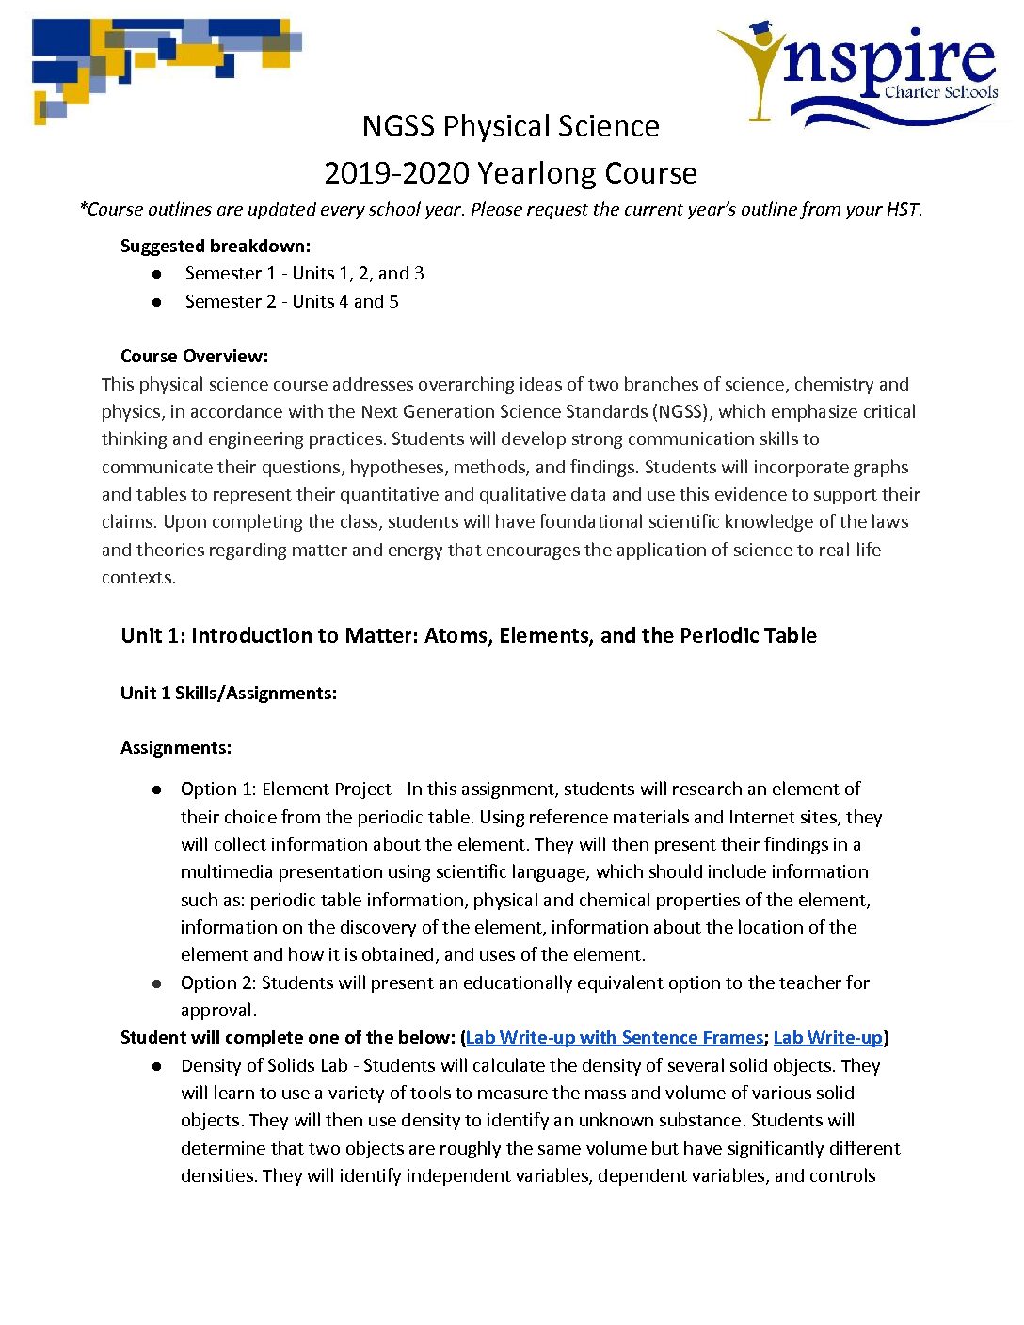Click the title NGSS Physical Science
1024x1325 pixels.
click(510, 126)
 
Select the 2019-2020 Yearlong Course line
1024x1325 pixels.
click(510, 173)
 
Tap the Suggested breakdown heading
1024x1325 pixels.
click(215, 247)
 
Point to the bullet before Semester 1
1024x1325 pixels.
click(157, 274)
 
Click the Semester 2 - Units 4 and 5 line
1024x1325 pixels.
click(292, 302)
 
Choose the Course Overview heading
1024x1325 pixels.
click(194, 357)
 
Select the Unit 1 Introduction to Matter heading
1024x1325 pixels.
click(468, 636)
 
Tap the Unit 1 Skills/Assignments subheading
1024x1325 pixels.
click(228, 694)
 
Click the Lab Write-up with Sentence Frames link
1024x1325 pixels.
click(615, 1038)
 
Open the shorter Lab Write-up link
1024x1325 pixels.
click(827, 1038)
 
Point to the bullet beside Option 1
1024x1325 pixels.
click(157, 790)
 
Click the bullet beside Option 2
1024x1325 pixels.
click(157, 983)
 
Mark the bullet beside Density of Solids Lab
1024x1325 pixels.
click(157, 1066)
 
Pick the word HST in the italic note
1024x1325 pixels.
click(902, 210)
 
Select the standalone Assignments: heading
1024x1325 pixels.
click(175, 748)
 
